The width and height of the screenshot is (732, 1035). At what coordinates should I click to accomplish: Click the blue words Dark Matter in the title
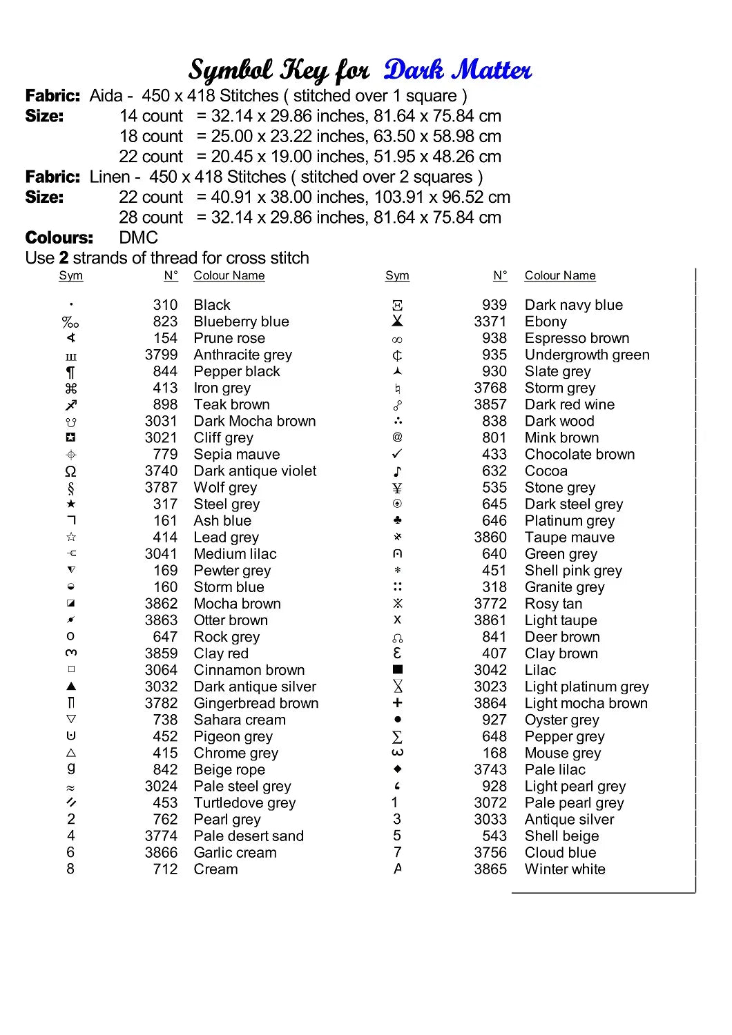coord(458,70)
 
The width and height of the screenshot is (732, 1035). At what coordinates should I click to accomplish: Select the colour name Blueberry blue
coord(241,322)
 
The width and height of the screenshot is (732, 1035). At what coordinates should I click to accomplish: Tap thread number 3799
coord(161,355)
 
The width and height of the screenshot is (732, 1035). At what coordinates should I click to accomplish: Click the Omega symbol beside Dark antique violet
coord(70,471)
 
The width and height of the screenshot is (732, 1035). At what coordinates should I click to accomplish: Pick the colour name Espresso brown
coord(577,338)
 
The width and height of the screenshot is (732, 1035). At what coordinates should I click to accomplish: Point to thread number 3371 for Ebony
coord(490,322)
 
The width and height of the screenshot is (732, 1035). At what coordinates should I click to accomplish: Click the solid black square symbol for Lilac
coord(397,669)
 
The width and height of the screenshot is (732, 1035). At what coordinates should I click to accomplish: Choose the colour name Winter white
coord(565,869)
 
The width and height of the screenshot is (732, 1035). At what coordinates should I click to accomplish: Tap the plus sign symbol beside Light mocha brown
coord(397,703)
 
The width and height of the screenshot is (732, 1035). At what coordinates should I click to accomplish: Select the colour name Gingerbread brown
coord(256,703)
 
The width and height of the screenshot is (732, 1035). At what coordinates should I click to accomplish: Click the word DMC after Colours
coord(139,238)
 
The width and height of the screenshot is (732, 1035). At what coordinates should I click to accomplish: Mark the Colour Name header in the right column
coord(560,276)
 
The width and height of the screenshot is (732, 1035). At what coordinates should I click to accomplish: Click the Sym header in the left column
coord(70,276)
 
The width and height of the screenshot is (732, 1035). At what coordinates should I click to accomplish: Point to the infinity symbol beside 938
coord(397,339)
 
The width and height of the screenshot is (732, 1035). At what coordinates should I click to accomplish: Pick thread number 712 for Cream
coord(166,869)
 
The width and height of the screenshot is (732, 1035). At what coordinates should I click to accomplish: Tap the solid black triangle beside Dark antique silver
coord(70,687)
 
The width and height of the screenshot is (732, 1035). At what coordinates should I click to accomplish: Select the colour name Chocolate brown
coord(579,454)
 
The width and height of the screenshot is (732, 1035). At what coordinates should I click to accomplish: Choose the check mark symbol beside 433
coord(397,454)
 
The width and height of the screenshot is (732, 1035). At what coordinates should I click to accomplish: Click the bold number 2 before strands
coord(64,258)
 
